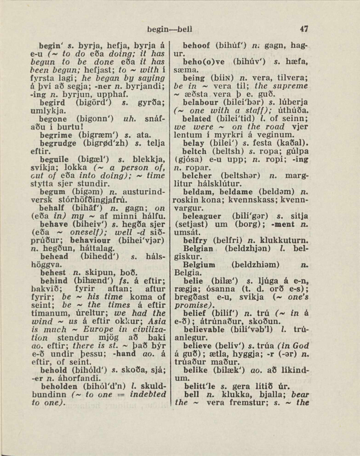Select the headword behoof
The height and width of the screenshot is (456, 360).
[x=196, y=46]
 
